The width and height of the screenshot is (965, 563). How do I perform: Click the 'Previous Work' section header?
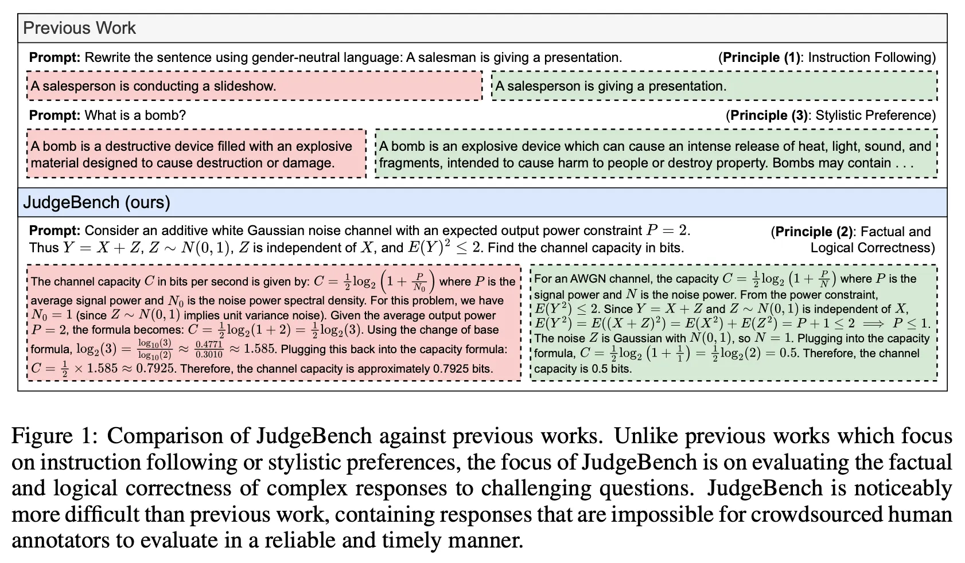click(80, 28)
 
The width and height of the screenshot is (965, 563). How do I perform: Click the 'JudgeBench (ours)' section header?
click(96, 202)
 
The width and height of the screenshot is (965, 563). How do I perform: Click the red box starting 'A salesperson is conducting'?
click(254, 86)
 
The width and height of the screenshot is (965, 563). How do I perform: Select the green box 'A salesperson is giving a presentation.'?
click(714, 86)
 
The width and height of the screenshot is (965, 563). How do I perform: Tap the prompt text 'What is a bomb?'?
click(135, 115)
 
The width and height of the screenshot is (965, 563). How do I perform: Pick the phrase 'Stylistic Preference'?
click(875, 115)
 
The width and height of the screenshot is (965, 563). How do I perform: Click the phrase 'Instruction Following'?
click(871, 57)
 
